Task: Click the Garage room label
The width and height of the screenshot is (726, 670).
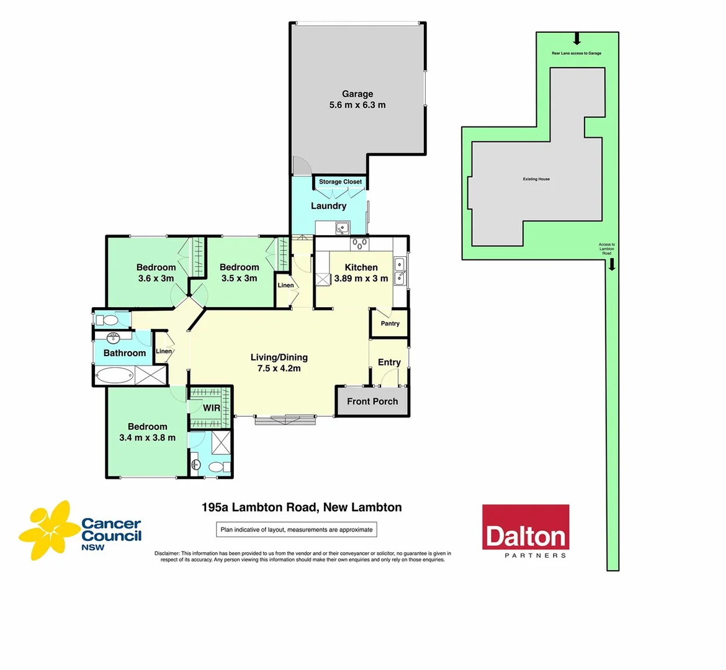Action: [x=357, y=94]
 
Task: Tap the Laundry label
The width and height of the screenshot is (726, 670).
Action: [x=328, y=206]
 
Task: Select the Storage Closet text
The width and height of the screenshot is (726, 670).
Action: [x=340, y=182]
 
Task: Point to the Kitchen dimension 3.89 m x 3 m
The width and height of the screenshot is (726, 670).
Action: [x=361, y=279]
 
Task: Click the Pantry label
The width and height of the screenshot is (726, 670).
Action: [x=390, y=323]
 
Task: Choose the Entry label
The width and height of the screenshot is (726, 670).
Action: [x=389, y=362]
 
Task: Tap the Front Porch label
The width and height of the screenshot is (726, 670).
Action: [x=372, y=401]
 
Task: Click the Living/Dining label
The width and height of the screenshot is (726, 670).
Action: [x=279, y=357]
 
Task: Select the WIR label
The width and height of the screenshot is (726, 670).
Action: [x=212, y=408]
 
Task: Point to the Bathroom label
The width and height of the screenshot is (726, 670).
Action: [x=124, y=353]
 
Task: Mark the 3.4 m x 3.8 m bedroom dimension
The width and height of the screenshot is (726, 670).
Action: [x=147, y=437]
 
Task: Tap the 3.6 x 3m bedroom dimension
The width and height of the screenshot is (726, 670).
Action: [x=156, y=279]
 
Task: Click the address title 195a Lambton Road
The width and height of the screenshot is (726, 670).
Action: [x=302, y=507]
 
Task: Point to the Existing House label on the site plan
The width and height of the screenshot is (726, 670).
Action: [x=536, y=179]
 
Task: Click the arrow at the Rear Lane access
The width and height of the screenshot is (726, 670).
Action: [x=576, y=40]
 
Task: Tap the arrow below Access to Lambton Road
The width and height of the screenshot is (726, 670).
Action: [x=612, y=265]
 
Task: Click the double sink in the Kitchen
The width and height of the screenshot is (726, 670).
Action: [x=400, y=272]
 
